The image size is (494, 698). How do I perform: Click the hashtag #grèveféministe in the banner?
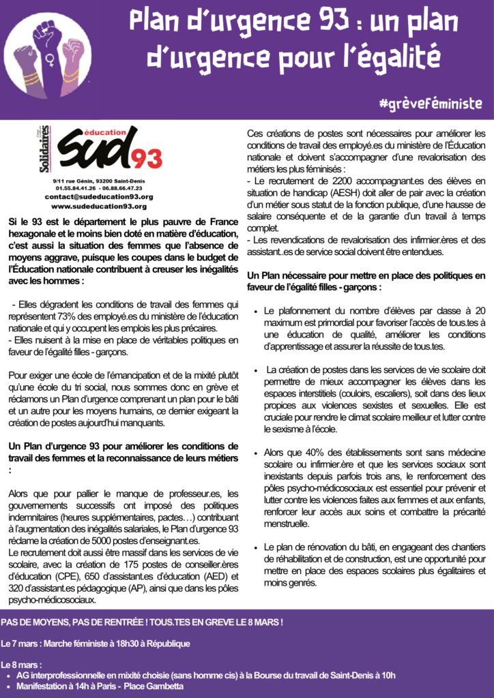[431, 104]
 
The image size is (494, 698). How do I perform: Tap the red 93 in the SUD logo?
[146, 158]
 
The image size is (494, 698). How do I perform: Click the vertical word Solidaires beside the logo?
[45, 149]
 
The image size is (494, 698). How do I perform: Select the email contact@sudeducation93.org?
[99, 196]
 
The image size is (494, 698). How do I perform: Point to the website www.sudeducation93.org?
[99, 205]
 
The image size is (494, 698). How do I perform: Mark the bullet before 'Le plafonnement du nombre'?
[255, 310]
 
